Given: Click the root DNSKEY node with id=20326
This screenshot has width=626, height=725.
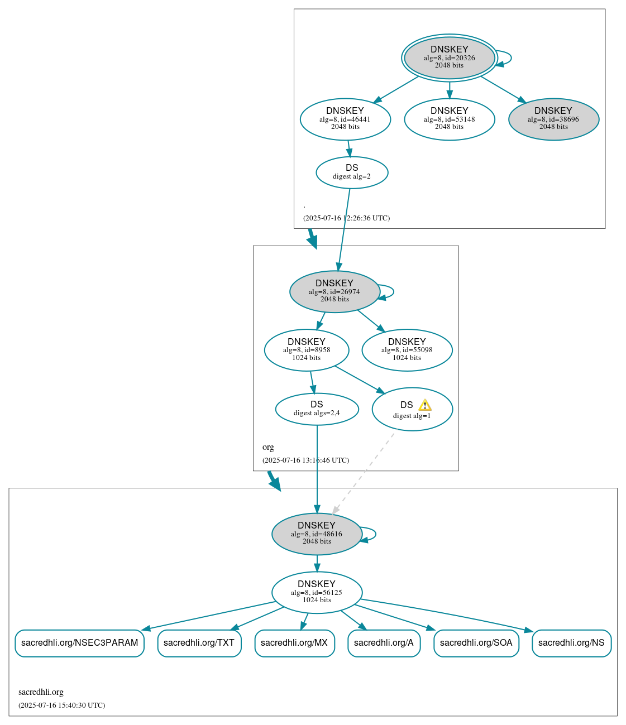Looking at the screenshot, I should click(x=449, y=57).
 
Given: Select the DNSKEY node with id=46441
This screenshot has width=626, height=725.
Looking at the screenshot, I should click(x=345, y=119).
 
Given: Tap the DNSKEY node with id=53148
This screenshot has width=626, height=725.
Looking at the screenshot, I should click(x=449, y=119).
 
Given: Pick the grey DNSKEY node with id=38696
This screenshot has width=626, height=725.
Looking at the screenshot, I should click(x=553, y=119).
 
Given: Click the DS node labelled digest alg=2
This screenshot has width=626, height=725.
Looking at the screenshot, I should click(x=352, y=172).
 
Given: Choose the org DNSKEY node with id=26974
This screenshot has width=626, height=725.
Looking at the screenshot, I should click(x=334, y=291).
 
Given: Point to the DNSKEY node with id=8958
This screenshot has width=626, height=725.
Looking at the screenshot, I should click(x=307, y=350).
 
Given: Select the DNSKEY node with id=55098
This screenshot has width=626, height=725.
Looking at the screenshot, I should click(x=407, y=350).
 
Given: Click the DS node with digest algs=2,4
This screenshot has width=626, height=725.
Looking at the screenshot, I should click(x=317, y=409).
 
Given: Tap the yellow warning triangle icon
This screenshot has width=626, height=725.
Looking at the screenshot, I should click(x=425, y=405).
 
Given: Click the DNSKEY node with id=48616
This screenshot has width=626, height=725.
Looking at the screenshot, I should click(x=317, y=534).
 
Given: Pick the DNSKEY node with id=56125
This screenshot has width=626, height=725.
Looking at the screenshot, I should click(x=317, y=592).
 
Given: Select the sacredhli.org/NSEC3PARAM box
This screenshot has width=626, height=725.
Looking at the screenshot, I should click(x=79, y=643).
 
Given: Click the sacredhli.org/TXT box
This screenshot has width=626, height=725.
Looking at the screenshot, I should click(x=199, y=643).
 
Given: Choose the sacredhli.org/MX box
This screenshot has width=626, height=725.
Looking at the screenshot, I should click(x=294, y=643).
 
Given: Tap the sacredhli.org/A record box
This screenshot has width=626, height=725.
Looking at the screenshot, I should click(x=384, y=643).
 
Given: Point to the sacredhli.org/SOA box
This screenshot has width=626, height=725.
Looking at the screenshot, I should click(x=476, y=643).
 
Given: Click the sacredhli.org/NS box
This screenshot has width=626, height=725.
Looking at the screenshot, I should click(x=571, y=643).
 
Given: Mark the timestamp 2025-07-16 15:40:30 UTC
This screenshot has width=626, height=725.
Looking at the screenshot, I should click(x=61, y=705).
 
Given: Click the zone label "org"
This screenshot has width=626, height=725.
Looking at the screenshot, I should click(x=268, y=447).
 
